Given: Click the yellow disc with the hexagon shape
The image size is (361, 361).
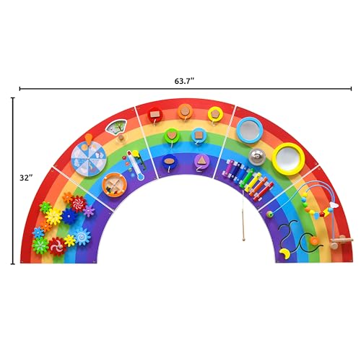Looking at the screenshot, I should [x=214, y=113].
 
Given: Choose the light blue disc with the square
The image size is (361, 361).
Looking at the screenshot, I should [x=199, y=135].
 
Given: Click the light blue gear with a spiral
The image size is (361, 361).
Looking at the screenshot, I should [x=82, y=235].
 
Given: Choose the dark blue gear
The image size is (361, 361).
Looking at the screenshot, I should [x=69, y=214].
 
